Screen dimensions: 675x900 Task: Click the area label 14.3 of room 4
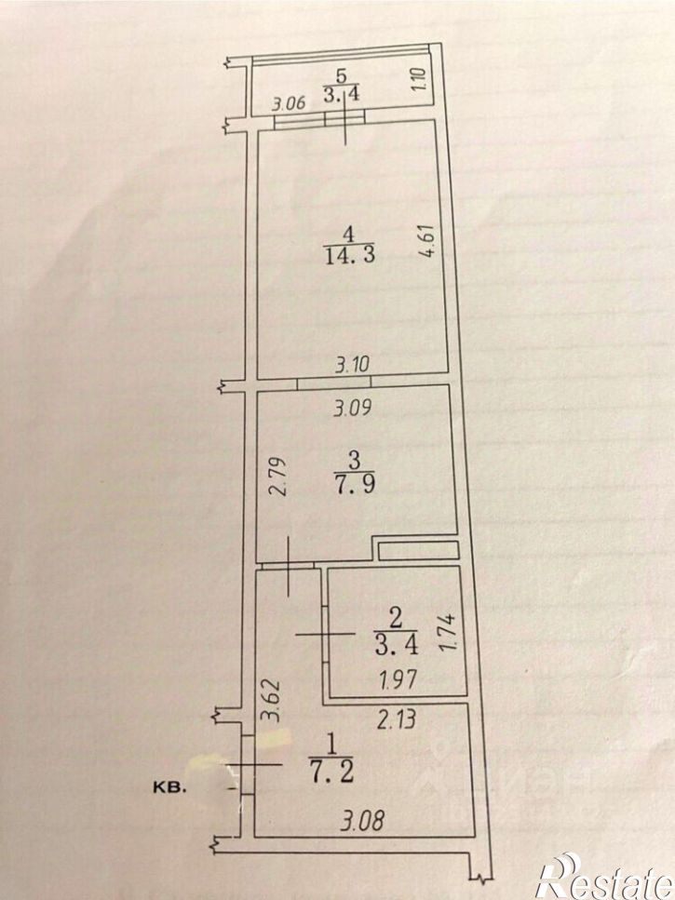pyautogui.click(x=350, y=253)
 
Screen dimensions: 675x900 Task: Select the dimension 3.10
pyautogui.click(x=352, y=364)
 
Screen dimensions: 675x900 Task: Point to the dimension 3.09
pyautogui.click(x=353, y=408)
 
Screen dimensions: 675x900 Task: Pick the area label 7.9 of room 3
pyautogui.click(x=355, y=483)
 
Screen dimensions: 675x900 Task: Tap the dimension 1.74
pyautogui.click(x=449, y=632)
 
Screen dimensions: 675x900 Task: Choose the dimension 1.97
pyautogui.click(x=398, y=679)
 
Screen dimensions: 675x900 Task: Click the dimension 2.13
pyautogui.click(x=396, y=719)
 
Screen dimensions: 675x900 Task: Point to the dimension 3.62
pyautogui.click(x=270, y=700)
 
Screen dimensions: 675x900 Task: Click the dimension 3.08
pyautogui.click(x=361, y=820)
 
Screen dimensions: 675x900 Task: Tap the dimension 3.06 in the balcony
pyautogui.click(x=289, y=104)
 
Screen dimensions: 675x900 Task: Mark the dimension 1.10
pyautogui.click(x=418, y=80)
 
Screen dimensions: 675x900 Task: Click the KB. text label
pyautogui.click(x=169, y=788)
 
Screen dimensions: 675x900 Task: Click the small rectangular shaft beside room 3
pyautogui.click(x=418, y=550)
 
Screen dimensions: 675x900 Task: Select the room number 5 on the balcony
pyautogui.click(x=341, y=75)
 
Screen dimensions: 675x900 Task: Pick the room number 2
pyautogui.click(x=396, y=619)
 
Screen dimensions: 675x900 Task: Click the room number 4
pyautogui.click(x=348, y=235)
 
